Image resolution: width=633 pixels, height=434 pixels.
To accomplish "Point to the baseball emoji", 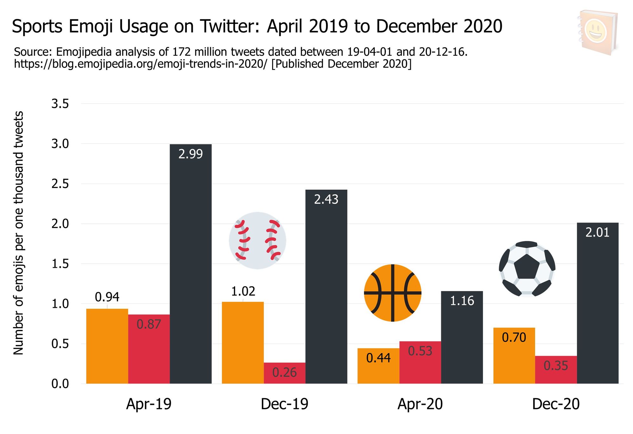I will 258,241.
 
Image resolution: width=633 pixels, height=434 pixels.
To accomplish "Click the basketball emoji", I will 392,293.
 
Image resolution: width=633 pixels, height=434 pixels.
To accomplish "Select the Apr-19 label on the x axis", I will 149,404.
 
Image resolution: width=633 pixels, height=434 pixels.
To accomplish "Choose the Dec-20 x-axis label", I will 556,404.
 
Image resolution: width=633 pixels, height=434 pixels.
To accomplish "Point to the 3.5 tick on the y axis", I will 60,104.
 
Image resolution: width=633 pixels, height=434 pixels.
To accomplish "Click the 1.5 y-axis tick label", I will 60,264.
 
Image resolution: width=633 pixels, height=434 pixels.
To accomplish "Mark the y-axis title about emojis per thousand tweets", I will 18,233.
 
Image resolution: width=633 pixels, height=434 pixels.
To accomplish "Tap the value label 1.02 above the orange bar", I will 243,291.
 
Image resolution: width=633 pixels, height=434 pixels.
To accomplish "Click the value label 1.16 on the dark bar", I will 462,301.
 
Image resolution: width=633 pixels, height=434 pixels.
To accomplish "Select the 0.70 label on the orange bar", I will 514,337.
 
